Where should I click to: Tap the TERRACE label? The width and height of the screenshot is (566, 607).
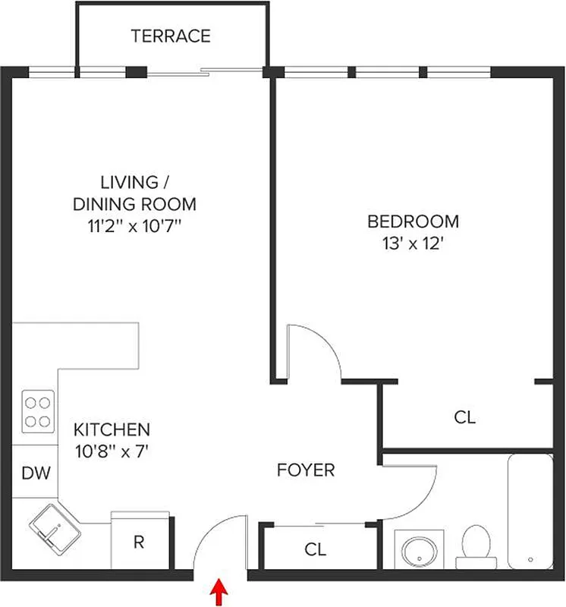[x=171, y=36]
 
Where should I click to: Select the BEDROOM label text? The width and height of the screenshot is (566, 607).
[x=413, y=222]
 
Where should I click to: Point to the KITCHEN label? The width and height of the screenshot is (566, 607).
[x=112, y=429]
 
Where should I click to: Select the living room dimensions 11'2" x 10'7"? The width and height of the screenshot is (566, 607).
[x=134, y=225]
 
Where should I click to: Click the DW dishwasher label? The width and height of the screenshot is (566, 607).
[x=35, y=474]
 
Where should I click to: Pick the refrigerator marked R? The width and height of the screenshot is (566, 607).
[x=139, y=542]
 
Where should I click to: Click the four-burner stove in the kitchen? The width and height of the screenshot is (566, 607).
[x=36, y=410]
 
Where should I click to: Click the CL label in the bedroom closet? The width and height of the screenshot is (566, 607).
[x=464, y=417]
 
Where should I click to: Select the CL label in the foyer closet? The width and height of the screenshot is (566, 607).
[x=316, y=549]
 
